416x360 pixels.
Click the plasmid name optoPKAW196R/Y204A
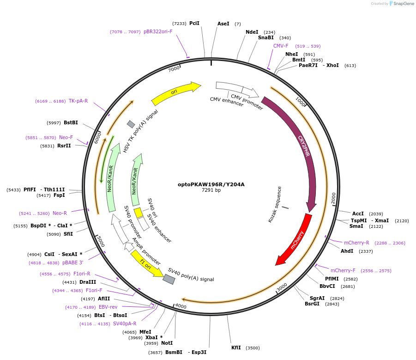point(211,184)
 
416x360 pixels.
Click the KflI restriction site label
point(236,348)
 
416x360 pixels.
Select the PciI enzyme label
point(194,23)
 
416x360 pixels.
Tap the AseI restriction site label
point(223,24)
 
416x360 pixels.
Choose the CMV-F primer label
point(281,46)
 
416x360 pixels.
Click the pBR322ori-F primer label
point(158,31)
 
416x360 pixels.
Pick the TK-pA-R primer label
point(78,101)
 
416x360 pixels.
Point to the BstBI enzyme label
point(71,122)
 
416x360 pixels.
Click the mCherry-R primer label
point(356,243)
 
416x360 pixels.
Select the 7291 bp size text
point(211,190)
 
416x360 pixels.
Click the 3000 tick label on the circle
point(282,287)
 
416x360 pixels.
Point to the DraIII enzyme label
point(88,282)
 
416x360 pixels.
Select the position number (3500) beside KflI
point(253,348)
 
